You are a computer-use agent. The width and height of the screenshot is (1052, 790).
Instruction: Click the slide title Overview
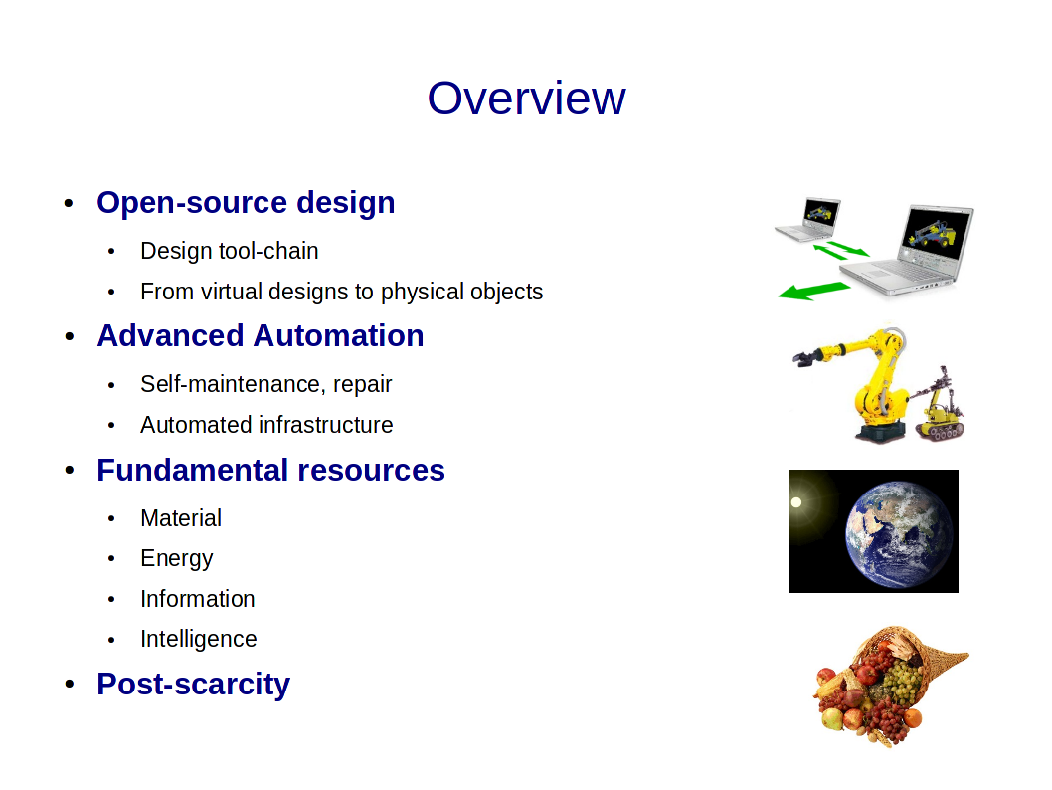tap(526, 98)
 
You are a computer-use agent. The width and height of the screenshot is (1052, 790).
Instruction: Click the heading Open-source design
tap(246, 203)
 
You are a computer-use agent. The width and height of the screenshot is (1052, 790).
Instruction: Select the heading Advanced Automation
tap(261, 335)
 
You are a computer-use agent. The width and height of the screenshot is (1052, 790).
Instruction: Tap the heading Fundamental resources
tap(271, 470)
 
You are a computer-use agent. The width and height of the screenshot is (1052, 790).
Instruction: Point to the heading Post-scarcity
tap(193, 685)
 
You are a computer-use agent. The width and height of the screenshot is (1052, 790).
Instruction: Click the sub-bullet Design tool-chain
tap(230, 251)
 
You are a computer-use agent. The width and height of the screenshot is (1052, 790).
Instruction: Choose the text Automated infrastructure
tap(266, 425)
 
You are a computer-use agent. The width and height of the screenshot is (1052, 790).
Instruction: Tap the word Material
tap(181, 518)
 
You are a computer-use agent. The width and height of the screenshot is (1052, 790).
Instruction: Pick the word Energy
tap(176, 559)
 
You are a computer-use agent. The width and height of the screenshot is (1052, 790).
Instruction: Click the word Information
tap(197, 599)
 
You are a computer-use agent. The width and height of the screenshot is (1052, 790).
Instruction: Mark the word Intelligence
tap(199, 640)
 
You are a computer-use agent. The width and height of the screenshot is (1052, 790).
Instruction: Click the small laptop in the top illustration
tap(808, 220)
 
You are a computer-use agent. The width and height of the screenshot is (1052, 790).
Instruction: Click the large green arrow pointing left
tap(813, 291)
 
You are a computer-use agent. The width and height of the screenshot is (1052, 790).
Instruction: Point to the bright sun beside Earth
tap(796, 502)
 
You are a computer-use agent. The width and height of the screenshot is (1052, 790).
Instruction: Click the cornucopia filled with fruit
tap(886, 686)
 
